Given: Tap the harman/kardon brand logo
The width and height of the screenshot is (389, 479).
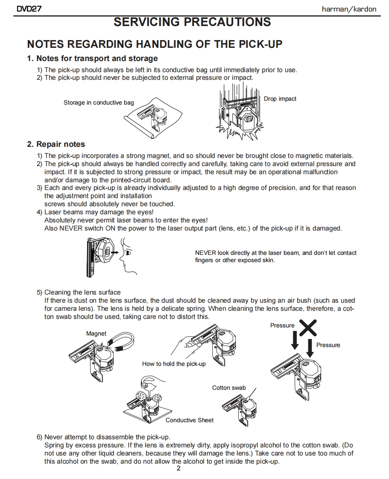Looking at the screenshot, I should tap(349, 9).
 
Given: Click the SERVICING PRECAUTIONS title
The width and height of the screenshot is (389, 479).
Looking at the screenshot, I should tap(192, 22).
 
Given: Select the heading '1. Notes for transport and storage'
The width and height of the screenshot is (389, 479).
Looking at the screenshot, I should tap(92, 58).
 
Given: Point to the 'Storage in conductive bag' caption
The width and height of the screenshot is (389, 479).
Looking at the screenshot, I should tap(99, 102).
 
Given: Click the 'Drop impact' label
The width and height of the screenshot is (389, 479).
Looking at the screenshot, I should tap(280, 99).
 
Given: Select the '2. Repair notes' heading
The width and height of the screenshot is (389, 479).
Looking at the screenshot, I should tap(56, 144).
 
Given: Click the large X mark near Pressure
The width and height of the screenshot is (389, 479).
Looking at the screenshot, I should tap(307, 328).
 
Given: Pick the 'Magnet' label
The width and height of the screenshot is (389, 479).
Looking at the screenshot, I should tap(96, 333).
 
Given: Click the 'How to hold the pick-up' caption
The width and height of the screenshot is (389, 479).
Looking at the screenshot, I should tap(174, 364).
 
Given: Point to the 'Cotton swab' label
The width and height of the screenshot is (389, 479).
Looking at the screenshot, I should tap(229, 388).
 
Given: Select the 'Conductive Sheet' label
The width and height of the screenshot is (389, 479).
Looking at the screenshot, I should tap(190, 420).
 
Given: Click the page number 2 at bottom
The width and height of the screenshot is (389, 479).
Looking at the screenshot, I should tap(178, 469).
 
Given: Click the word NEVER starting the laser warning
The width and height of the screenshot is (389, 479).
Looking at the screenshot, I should tap(205, 253).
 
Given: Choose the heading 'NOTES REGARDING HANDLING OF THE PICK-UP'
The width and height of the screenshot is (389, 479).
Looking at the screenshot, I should tap(155, 44).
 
